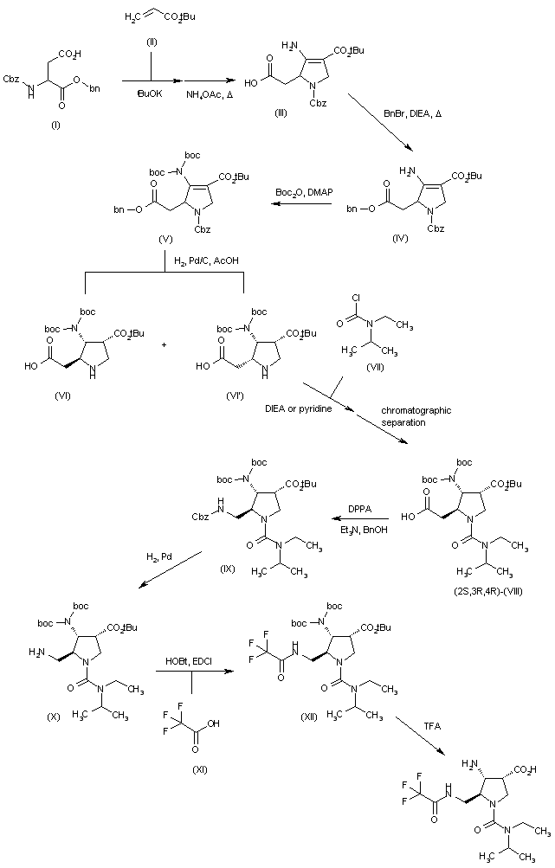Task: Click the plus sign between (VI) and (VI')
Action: coord(165,343)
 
